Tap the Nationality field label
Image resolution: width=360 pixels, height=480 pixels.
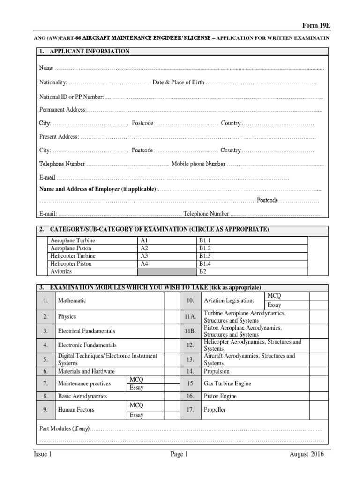(x=53, y=82)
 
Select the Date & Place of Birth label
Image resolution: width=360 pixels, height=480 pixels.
(x=178, y=82)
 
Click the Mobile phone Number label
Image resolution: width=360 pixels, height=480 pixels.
(x=198, y=164)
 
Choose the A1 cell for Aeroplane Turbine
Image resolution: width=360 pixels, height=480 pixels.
(x=144, y=240)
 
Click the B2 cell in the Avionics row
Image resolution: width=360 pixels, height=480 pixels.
(x=203, y=271)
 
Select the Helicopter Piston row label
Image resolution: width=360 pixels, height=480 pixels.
(x=71, y=264)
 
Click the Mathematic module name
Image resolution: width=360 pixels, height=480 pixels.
(x=72, y=300)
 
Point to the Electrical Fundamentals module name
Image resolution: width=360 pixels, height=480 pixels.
(x=86, y=331)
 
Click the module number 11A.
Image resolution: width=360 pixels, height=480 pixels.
(x=190, y=316)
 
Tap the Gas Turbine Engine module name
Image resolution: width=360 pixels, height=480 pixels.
(x=227, y=383)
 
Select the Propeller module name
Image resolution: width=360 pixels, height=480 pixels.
(x=215, y=410)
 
